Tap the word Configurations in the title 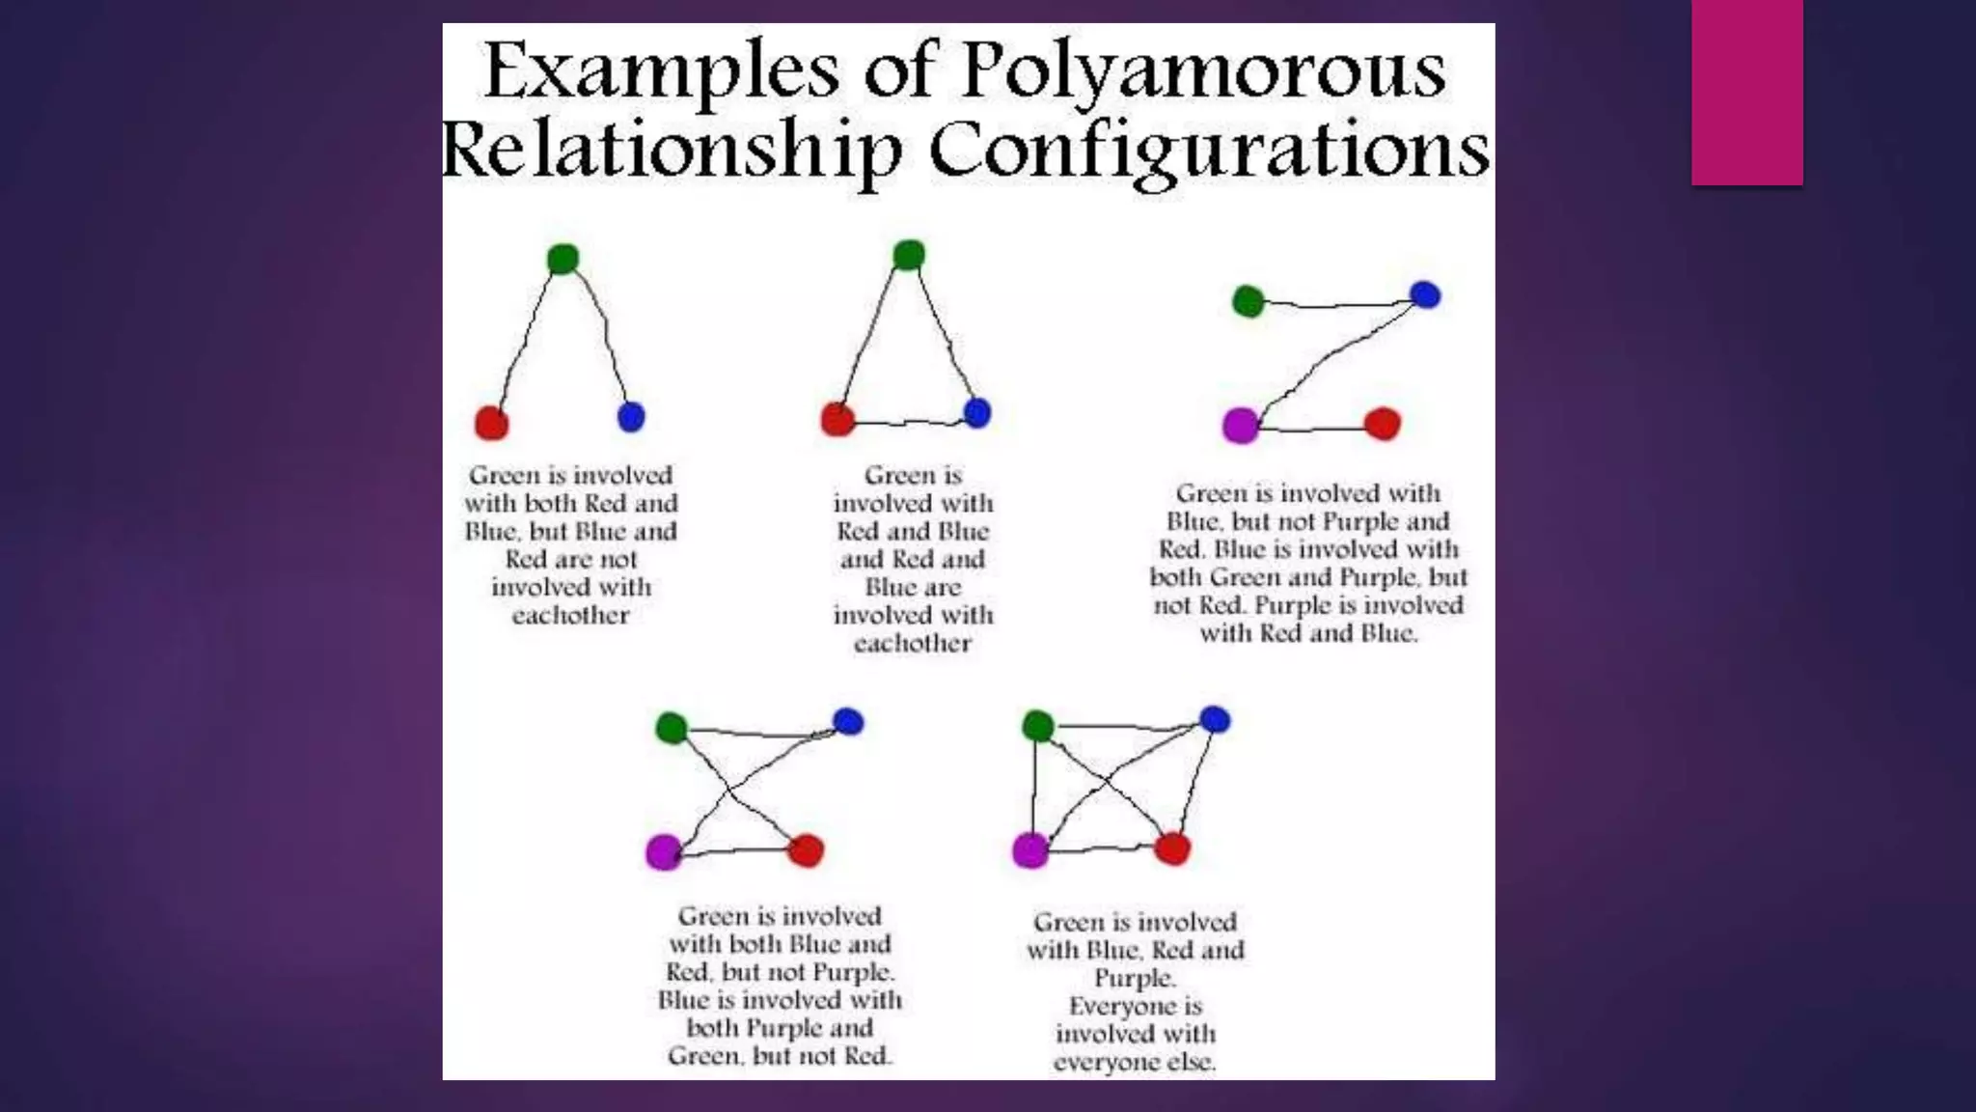coord(1209,151)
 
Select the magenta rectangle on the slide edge coord(1746,93)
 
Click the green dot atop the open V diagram coord(563,259)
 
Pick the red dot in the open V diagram coord(492,423)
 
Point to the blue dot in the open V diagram coord(630,417)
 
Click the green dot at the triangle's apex coord(909,255)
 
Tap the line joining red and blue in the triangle coord(907,423)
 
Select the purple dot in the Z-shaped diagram coord(1241,425)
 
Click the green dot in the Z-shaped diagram coord(1249,301)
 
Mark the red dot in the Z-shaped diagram coord(1383,424)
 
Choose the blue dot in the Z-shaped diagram coord(1425,294)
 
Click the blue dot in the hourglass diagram coord(848,721)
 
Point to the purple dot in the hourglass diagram coord(664,851)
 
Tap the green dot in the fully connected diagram coord(1038,725)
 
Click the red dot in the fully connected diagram coord(1172,849)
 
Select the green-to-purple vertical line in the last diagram coord(1033,787)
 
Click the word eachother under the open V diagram coord(570,616)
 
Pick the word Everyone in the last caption coord(1135,1006)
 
